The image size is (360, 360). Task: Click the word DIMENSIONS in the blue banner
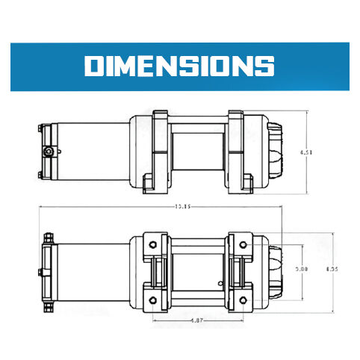point(179,66)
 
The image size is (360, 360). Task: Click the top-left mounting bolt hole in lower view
point(152,243)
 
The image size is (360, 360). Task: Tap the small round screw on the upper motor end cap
point(49,152)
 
